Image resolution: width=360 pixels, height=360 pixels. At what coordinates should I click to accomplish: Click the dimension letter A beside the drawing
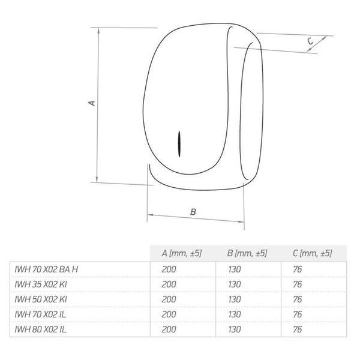point(92,103)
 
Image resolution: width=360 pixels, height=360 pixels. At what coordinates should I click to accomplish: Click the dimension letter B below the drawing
point(193,212)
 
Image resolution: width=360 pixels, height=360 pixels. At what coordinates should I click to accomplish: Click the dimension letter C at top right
point(310,41)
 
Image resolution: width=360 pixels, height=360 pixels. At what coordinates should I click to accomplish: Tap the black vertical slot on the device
point(179,144)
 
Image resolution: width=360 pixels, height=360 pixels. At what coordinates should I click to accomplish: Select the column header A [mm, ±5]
point(181,253)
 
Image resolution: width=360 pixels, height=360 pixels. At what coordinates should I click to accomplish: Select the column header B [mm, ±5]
point(247,253)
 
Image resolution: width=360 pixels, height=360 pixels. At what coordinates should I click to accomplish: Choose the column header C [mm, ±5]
point(312,253)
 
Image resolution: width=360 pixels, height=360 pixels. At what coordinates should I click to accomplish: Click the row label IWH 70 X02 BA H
point(46,269)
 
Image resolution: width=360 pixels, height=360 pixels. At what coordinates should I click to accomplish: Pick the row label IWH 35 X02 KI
point(41,284)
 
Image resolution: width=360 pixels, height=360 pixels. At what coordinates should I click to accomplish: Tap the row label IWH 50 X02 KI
point(41,299)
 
